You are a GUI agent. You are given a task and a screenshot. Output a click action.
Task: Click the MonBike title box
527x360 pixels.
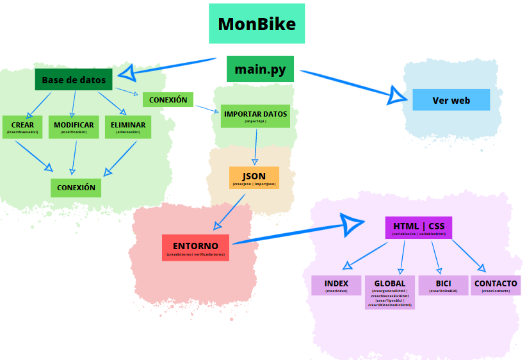click(x=257, y=24)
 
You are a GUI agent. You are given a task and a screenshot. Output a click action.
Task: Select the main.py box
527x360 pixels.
click(x=260, y=69)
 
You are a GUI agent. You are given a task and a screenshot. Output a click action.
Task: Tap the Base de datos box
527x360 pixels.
click(x=74, y=80)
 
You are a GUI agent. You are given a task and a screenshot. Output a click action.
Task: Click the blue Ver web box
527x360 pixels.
click(x=451, y=100)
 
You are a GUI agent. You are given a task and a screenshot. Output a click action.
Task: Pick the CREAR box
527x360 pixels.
click(x=22, y=127)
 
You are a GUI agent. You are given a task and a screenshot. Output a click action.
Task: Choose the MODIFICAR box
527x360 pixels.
click(x=74, y=127)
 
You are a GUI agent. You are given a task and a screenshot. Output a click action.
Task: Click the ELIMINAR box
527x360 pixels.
click(x=127, y=127)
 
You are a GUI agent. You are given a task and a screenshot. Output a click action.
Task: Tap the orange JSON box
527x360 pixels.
click(x=254, y=178)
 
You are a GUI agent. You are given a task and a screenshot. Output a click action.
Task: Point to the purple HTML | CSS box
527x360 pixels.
click(x=418, y=228)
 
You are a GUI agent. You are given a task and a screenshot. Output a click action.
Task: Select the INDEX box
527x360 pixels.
click(x=336, y=285)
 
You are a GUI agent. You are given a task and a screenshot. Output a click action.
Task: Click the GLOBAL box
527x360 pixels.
click(x=389, y=292)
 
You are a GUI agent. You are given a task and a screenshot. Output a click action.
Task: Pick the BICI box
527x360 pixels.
click(x=443, y=285)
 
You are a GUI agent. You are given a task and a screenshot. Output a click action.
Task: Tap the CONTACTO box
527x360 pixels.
click(x=495, y=285)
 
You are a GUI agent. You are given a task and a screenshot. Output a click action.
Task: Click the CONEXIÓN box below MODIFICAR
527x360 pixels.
click(x=76, y=188)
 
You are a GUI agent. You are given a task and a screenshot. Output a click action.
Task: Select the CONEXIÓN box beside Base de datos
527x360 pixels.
click(x=168, y=100)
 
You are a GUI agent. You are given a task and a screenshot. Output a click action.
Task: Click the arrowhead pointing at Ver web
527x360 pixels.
click(x=399, y=96)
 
